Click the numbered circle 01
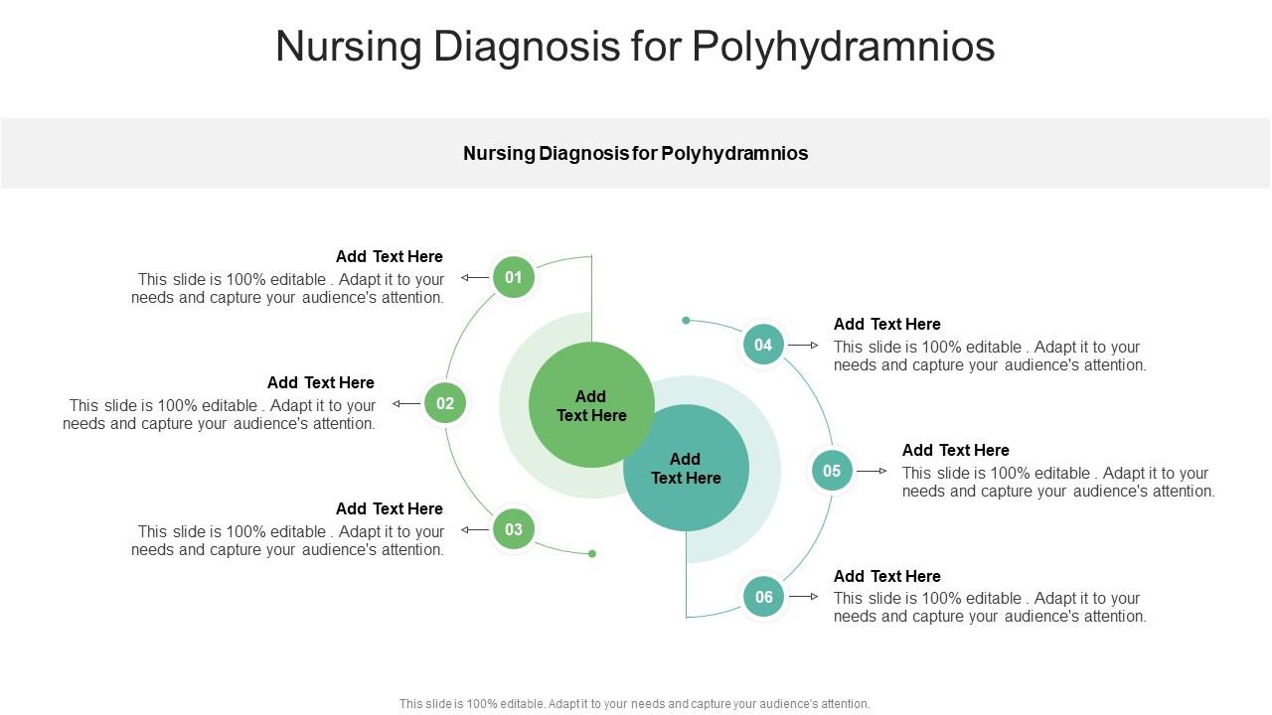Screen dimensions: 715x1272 (514, 277)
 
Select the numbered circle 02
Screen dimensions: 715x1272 (445, 403)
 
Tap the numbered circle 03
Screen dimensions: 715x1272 (514, 529)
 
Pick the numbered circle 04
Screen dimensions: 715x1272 (763, 345)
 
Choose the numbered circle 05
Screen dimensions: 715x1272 (832, 471)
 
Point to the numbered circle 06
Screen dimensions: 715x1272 (763, 597)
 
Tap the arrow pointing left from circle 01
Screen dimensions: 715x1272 (474, 278)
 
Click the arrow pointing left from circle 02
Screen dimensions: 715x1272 (405, 404)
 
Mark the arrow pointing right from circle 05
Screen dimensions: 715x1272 (872, 471)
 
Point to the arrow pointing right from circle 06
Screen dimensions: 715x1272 (803, 597)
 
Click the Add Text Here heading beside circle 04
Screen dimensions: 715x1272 (886, 324)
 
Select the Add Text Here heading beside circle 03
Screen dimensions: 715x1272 (389, 508)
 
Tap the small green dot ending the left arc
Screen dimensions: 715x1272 (592, 554)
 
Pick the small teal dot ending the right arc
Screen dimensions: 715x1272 (686, 321)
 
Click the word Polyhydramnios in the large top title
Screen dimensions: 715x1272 (843, 47)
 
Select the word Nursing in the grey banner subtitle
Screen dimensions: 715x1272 (499, 153)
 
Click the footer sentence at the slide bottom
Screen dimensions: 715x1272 (634, 704)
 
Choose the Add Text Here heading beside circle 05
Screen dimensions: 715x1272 (955, 450)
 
